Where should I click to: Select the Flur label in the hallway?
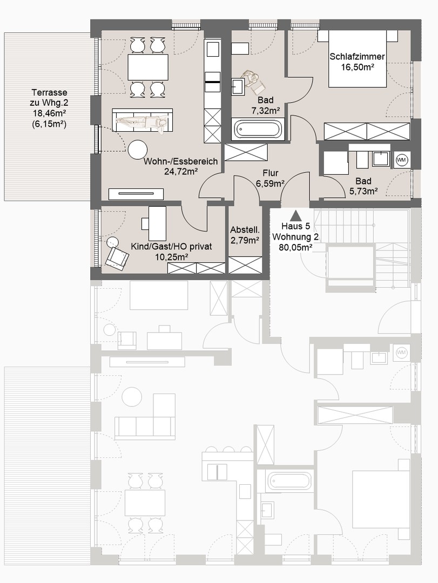pyautogui.click(x=270, y=173)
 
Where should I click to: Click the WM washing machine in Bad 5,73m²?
pyautogui.click(x=401, y=160)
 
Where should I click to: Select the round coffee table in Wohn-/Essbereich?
pyautogui.click(x=138, y=150)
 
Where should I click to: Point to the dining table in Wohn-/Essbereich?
pyautogui.click(x=147, y=67)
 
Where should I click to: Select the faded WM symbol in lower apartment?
pyautogui.click(x=401, y=352)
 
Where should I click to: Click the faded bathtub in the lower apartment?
pyautogui.click(x=289, y=480)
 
